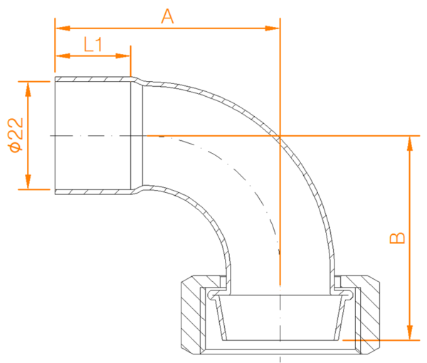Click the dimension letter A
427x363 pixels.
(167, 16)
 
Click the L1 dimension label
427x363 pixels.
(93, 44)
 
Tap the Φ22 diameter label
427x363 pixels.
(16, 135)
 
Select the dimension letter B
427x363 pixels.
(397, 238)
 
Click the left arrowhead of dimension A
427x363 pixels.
(63, 28)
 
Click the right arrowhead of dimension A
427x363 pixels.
(273, 28)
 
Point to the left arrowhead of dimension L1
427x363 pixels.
(63, 56)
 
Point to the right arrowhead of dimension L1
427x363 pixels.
(123, 56)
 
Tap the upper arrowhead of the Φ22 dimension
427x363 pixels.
(28, 89)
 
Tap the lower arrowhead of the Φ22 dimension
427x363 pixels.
(28, 181)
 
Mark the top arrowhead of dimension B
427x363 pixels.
(410, 144)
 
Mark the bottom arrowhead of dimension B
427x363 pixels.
(410, 332)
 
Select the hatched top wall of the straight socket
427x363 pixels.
(93, 79)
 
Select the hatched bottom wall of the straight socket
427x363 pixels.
(93, 192)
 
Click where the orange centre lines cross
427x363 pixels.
(280, 135)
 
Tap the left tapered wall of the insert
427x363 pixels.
(221, 319)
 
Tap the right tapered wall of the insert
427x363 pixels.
(338, 319)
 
